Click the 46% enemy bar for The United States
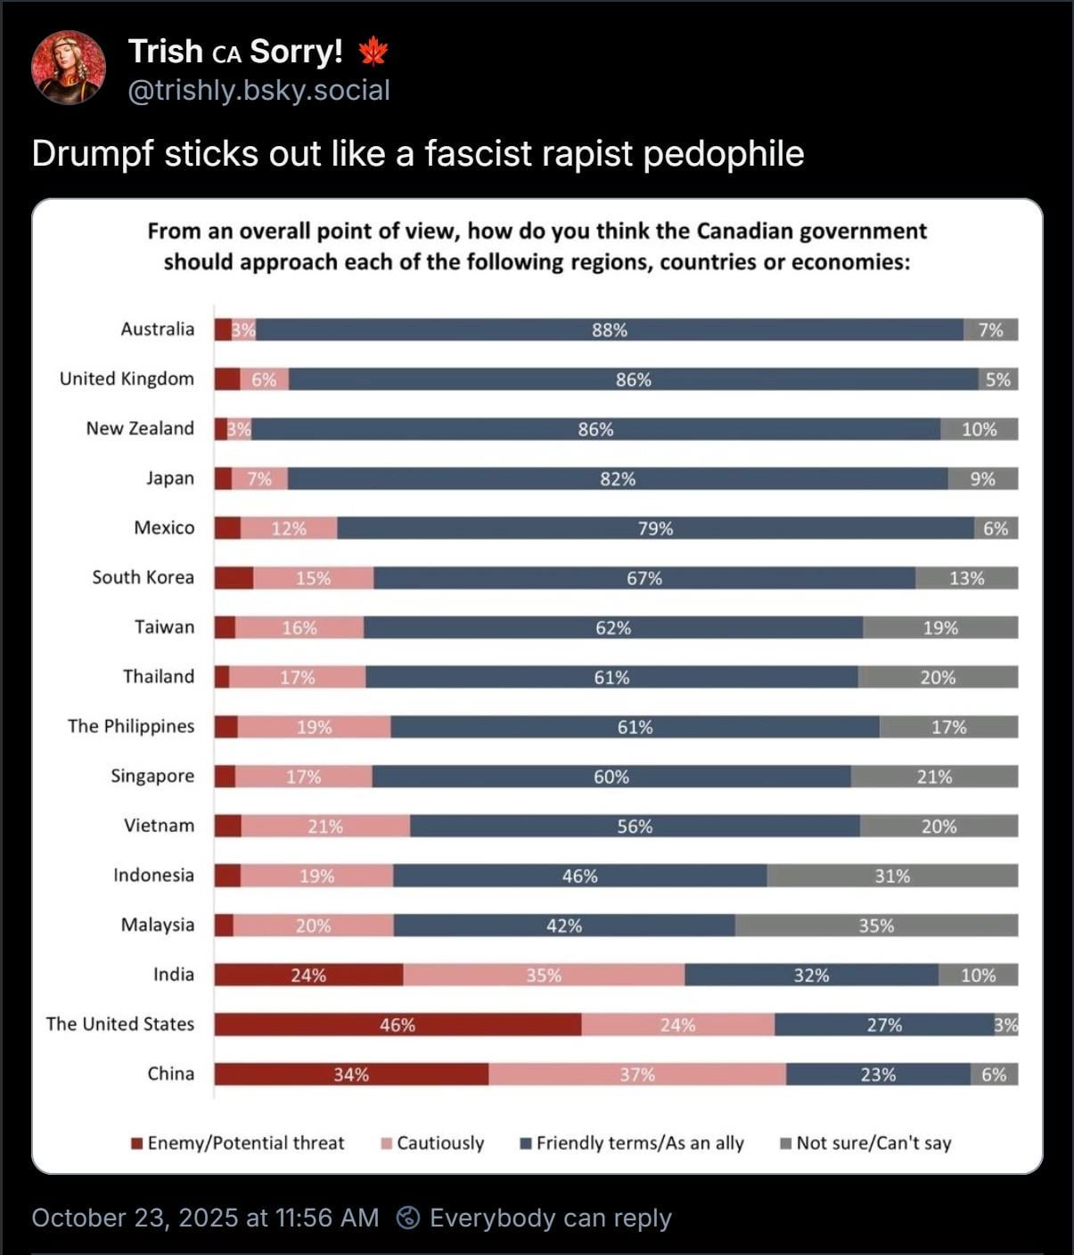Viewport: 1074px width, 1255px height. pyautogui.click(x=398, y=1024)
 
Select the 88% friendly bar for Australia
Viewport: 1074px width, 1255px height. pyautogui.click(x=610, y=330)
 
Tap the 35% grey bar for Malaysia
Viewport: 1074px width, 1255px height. pyautogui.click(x=876, y=925)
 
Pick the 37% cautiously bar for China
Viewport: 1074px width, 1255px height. pyautogui.click(x=637, y=1074)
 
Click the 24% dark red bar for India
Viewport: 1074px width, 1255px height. pyautogui.click(x=308, y=975)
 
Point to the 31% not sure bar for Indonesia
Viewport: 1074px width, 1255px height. pyautogui.click(x=892, y=876)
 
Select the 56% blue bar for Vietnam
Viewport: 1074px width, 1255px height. pyautogui.click(x=635, y=826)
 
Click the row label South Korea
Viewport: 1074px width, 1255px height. pyautogui.click(x=143, y=577)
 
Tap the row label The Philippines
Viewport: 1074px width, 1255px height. pyautogui.click(x=131, y=726)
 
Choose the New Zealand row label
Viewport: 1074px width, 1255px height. pyautogui.click(x=140, y=428)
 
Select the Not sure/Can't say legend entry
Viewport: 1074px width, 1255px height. pyautogui.click(x=865, y=1143)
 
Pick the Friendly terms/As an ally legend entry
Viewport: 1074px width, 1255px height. pyautogui.click(x=632, y=1143)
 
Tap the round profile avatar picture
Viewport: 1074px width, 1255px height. pyautogui.click(x=69, y=68)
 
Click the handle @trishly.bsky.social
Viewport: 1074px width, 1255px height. pyautogui.click(x=258, y=90)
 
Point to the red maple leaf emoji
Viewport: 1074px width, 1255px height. pyautogui.click(x=373, y=52)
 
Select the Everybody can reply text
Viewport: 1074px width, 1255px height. pyautogui.click(x=550, y=1218)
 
